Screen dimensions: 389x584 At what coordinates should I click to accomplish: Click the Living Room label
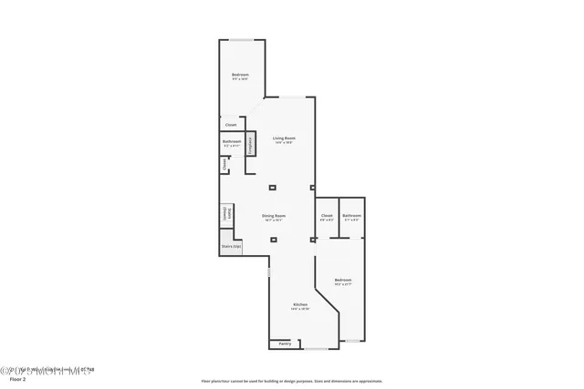[284, 138]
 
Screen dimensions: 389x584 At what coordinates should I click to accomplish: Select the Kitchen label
[300, 304]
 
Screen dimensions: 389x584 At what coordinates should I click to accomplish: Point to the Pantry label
[285, 343]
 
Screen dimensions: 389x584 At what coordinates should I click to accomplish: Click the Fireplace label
[250, 144]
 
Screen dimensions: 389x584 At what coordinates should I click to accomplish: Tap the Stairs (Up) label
[231, 246]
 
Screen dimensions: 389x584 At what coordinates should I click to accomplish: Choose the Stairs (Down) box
[225, 214]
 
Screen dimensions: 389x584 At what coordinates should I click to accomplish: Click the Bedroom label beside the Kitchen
[342, 280]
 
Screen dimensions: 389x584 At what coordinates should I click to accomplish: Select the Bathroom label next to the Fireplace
[232, 141]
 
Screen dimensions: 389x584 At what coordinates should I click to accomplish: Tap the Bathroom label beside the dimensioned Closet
[352, 215]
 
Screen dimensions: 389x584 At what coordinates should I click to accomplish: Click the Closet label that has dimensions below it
[327, 215]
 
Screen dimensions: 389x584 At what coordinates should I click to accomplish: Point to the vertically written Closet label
[224, 165]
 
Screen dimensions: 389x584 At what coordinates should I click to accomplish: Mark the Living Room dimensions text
[284, 143]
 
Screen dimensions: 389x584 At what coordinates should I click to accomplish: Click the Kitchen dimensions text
[300, 309]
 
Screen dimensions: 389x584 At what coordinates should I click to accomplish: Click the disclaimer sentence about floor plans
[291, 381]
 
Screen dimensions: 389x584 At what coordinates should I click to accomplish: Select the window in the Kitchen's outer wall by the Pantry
[316, 349]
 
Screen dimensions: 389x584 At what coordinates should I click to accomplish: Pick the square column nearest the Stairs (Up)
[273, 240]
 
